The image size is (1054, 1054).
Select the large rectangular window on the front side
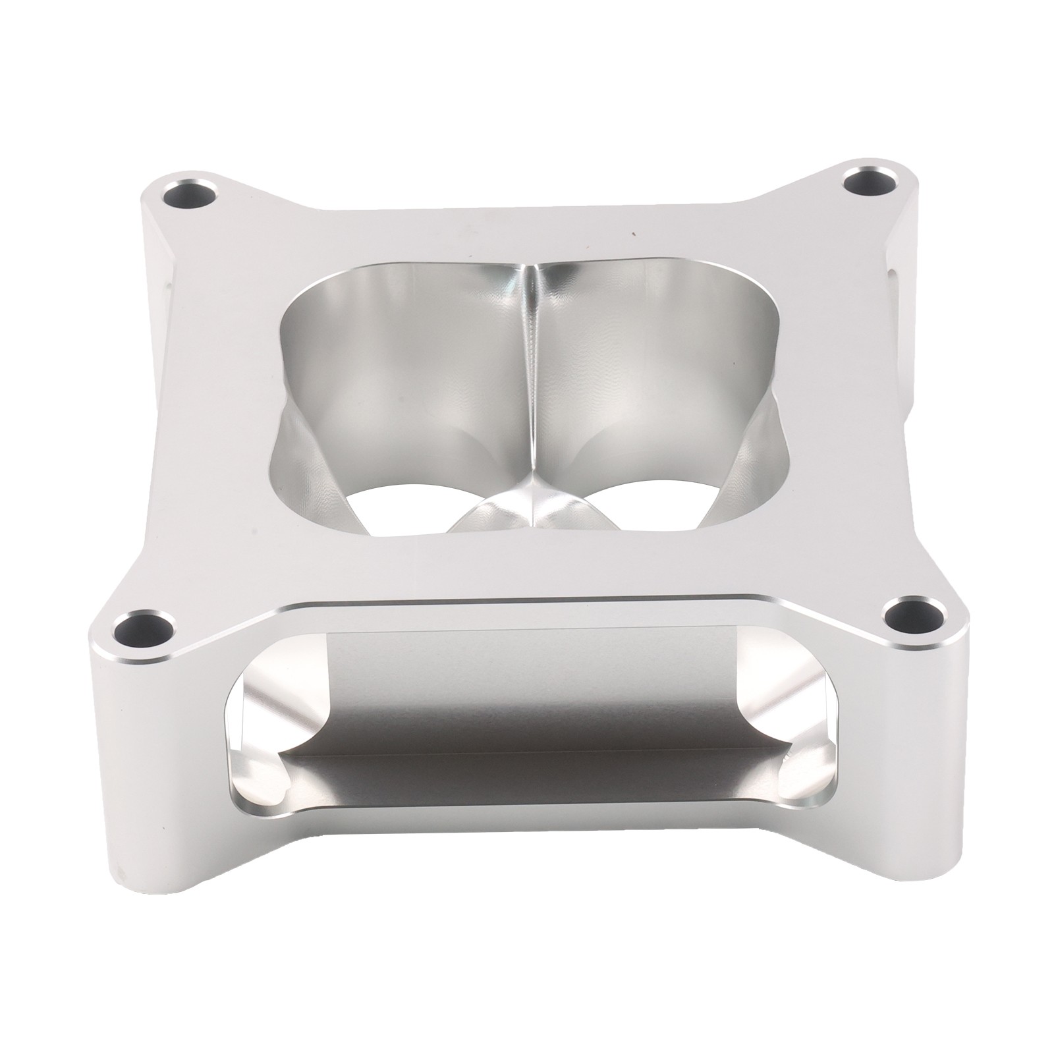[527, 744]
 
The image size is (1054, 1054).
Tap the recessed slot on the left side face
[164, 296]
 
